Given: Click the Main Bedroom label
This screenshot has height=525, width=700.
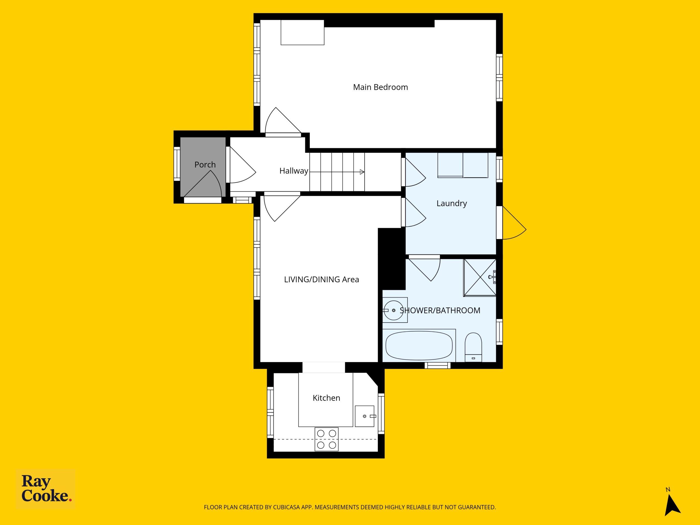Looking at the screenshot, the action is click(x=380, y=87).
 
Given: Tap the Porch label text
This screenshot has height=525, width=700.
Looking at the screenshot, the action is click(x=205, y=165).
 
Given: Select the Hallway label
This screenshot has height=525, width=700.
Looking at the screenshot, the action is click(x=294, y=171).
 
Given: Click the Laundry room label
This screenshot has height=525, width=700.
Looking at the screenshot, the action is click(x=452, y=203).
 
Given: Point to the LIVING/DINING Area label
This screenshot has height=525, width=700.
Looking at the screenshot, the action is click(x=322, y=279).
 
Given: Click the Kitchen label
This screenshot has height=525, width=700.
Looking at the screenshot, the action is click(x=326, y=398).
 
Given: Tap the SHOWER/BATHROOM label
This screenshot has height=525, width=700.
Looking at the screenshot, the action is click(x=440, y=310).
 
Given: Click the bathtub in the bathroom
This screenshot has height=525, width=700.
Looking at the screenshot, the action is click(x=419, y=346).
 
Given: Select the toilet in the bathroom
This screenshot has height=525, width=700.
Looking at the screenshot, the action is click(x=473, y=347).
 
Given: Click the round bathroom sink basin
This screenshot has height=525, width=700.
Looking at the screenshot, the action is click(x=394, y=310).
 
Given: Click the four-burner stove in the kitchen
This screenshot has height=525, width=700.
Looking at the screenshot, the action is click(x=326, y=439).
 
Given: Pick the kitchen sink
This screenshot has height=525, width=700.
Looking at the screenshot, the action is click(x=364, y=416).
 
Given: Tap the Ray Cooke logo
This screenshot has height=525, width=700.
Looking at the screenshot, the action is click(x=46, y=489).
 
